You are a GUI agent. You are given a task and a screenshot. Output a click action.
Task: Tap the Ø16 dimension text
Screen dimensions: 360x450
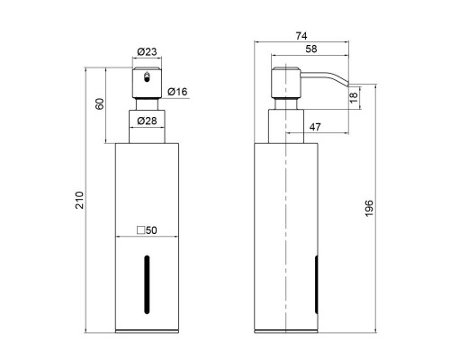(x=178, y=92)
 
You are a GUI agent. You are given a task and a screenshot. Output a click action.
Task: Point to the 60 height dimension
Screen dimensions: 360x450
(x=102, y=103)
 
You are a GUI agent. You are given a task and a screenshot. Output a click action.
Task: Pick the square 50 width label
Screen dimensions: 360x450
(x=146, y=230)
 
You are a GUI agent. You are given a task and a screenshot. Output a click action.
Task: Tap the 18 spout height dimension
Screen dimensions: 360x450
(x=354, y=96)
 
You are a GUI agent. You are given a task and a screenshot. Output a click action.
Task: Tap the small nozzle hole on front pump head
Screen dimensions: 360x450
(x=145, y=76)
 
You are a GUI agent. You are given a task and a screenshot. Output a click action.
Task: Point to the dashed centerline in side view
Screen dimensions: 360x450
(x=286, y=216)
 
